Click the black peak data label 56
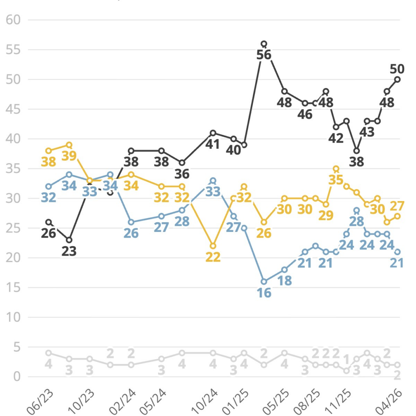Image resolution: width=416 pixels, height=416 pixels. point(264,54)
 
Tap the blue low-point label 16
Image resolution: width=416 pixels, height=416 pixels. point(264,292)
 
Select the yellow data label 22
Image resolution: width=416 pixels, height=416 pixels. point(213,257)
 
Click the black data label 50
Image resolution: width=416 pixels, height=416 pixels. point(397,68)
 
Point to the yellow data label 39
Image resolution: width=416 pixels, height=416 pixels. point(69,156)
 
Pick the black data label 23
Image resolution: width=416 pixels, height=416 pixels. point(69,251)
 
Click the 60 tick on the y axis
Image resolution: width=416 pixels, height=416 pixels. point(13,20)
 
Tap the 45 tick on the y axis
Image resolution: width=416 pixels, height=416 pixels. point(13,109)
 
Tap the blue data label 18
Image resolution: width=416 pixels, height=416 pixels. point(284,281)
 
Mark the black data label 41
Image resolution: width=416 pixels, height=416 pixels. point(213,144)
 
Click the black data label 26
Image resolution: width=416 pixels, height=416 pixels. point(49,234)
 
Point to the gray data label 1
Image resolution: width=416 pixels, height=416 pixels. point(347,359)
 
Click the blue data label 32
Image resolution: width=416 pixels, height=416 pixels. point(49,197)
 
